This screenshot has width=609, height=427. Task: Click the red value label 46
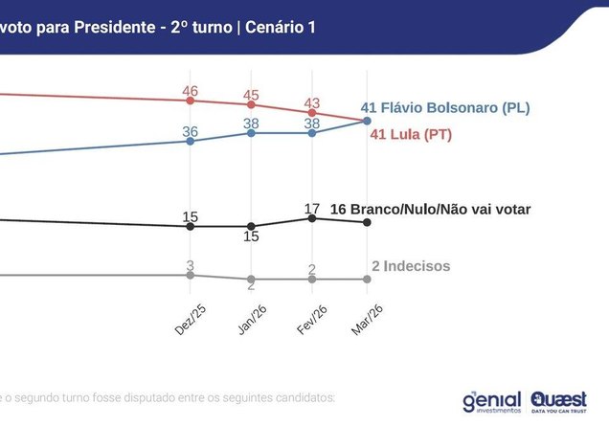(x=190, y=91)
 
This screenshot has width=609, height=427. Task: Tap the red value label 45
(x=251, y=95)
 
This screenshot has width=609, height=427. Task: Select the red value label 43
(x=312, y=101)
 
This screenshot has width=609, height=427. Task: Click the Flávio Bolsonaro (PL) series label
(x=446, y=107)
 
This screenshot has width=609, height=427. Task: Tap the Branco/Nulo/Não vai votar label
(x=430, y=209)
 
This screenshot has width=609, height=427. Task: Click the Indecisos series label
(x=410, y=265)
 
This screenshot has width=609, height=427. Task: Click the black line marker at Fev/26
(x=312, y=218)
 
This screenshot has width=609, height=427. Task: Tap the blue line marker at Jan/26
(x=251, y=133)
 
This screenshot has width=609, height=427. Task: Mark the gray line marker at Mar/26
(x=368, y=279)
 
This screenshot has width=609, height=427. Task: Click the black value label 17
(x=312, y=207)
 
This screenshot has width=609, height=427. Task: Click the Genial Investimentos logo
(x=490, y=401)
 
